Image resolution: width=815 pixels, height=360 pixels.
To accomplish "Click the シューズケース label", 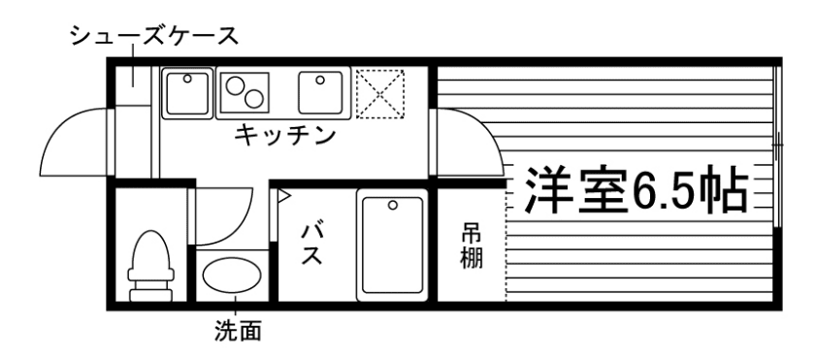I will [153, 38].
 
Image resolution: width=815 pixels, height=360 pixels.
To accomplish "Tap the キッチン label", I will [285, 135].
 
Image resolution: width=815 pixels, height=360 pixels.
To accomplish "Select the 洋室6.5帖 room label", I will [636, 190].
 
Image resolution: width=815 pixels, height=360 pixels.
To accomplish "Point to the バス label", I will [311, 245].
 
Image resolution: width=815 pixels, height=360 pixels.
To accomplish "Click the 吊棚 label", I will [471, 246].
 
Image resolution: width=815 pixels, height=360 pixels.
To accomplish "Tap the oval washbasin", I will [232, 276].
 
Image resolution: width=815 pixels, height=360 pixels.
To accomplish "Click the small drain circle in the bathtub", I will [392, 205].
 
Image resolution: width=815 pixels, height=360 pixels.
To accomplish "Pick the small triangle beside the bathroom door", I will [284, 197].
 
